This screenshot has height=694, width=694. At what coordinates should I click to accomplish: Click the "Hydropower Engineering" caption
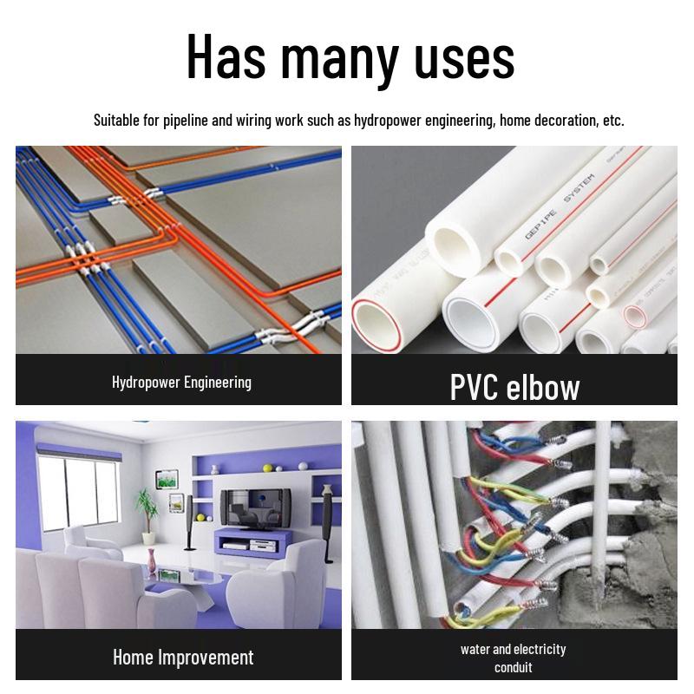[181, 382]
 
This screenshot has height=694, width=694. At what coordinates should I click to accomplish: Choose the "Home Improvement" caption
[183, 657]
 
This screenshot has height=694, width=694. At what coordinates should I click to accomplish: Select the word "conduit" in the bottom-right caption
[514, 667]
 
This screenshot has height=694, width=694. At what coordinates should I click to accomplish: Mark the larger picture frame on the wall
[167, 479]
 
